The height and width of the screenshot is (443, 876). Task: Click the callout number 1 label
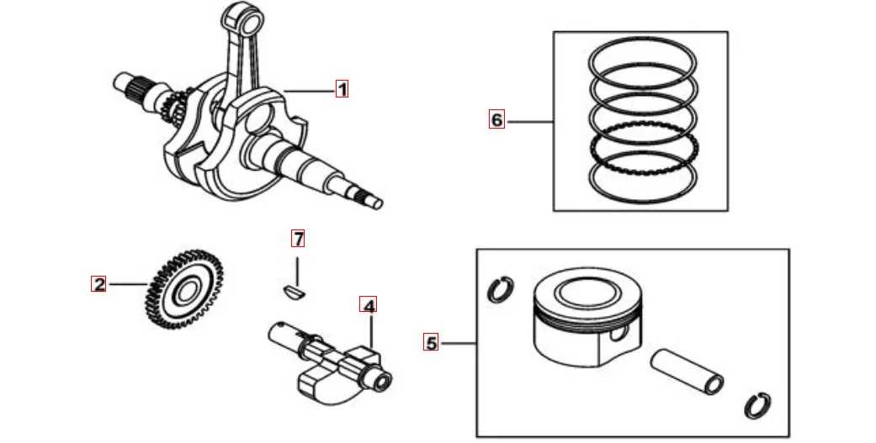click(x=342, y=89)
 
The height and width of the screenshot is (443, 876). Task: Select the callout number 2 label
click(x=99, y=284)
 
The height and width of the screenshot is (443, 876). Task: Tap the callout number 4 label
click(x=369, y=305)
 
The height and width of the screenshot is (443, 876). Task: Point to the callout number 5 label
click(x=432, y=342)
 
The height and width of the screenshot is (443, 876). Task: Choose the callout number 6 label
click(x=496, y=120)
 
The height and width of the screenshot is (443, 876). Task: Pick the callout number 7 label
click(x=297, y=238)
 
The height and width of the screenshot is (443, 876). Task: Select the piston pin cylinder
click(x=687, y=371)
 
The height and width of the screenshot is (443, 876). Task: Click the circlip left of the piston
click(x=500, y=290)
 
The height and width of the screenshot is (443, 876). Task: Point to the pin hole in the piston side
click(x=619, y=335)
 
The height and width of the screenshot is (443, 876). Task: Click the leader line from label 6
click(x=529, y=121)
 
